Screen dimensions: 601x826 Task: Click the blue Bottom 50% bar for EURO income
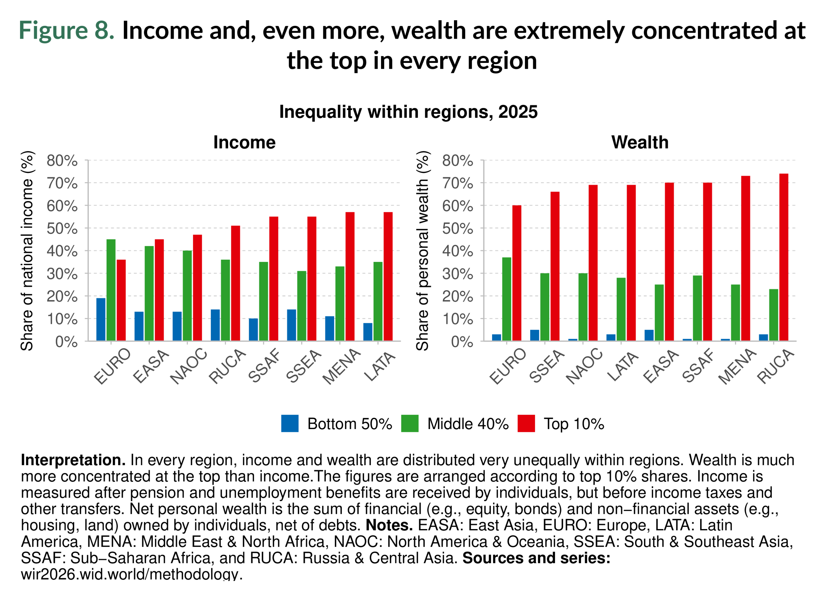[x=101, y=320]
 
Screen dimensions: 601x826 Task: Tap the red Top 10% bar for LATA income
[x=388, y=277]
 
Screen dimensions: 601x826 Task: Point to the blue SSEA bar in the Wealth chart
[x=535, y=335]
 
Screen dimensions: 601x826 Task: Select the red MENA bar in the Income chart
[x=350, y=277]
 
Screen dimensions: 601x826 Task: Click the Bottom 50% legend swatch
[x=290, y=423]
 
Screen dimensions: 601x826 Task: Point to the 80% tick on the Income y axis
[x=62, y=161]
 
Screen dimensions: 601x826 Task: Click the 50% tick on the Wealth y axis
[x=458, y=229]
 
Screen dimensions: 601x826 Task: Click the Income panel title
[x=244, y=142]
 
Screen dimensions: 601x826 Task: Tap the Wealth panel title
[x=640, y=142]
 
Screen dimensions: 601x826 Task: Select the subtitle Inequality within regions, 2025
[x=408, y=112]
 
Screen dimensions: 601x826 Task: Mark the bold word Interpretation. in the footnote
[x=73, y=460]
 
